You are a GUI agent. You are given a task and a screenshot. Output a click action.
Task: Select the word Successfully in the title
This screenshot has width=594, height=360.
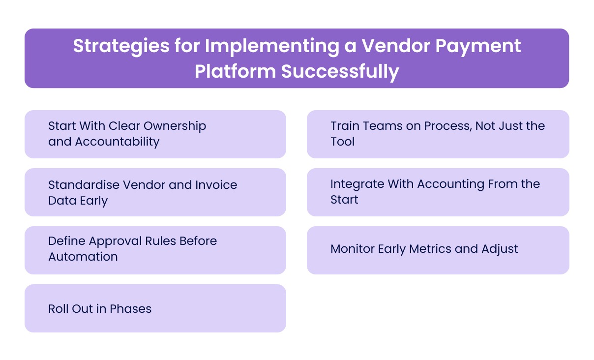coord(340,71)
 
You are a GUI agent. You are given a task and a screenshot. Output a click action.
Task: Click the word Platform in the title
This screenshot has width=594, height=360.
coord(235,71)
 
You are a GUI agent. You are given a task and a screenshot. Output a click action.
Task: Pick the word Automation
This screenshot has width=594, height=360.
coord(83,257)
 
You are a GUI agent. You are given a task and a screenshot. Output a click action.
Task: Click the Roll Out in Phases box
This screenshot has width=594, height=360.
coord(155,308)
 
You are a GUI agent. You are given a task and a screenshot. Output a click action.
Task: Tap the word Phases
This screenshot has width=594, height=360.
coord(130,309)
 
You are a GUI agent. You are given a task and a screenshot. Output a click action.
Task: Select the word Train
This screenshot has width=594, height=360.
coord(344,126)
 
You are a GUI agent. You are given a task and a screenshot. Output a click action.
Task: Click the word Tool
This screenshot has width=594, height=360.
coord(343,142)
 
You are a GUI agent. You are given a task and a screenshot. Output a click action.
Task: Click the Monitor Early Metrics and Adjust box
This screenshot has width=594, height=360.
coord(438,249)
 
